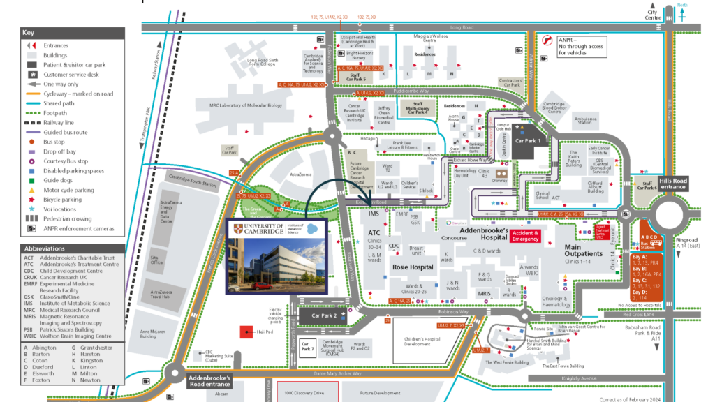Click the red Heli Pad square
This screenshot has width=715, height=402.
pyautogui.click(x=246, y=333)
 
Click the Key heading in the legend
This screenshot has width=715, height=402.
pyautogui.click(x=28, y=33)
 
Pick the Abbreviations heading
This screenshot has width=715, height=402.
pyautogui.click(x=44, y=248)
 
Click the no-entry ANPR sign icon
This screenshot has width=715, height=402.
pyautogui.click(x=550, y=40)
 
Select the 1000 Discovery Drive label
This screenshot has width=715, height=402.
pyautogui.click(x=309, y=393)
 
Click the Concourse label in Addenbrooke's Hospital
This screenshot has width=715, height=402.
pyautogui.click(x=455, y=237)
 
